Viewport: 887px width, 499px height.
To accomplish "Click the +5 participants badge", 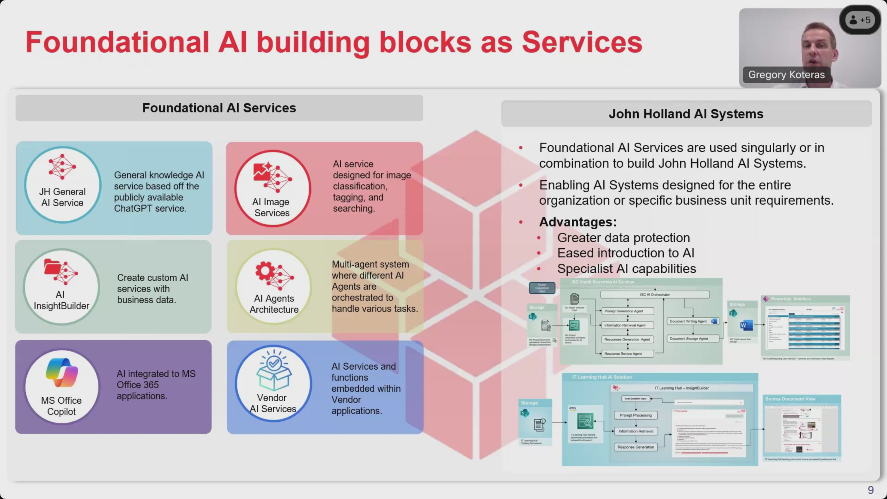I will pos(860,20).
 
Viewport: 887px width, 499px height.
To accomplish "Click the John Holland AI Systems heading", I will pos(686,114).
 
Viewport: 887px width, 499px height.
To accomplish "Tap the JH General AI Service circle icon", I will pos(62,185).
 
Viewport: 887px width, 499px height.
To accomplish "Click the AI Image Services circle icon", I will pos(272,188).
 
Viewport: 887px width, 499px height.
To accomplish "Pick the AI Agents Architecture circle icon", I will pos(274,286).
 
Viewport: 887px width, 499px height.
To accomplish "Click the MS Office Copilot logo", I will pos(62,373).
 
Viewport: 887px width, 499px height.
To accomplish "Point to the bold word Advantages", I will pos(577,222).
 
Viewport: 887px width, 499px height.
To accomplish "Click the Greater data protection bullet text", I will pos(623,238).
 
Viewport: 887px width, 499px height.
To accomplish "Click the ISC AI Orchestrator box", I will pos(655,295).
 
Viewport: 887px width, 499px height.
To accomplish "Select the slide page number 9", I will pos(870,490).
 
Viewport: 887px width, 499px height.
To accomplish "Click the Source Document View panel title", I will pos(790,399).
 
